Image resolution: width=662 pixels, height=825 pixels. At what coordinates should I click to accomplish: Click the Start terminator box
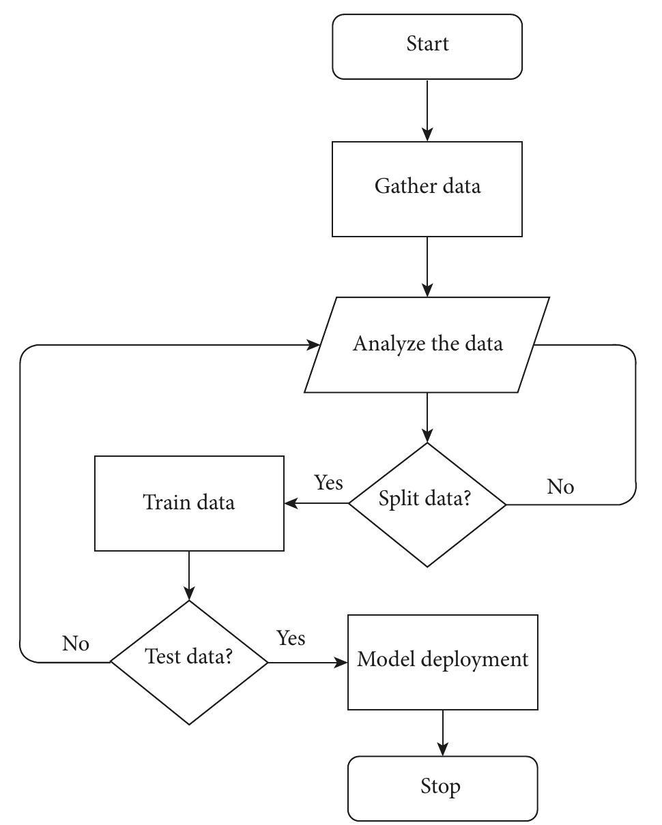[427, 46]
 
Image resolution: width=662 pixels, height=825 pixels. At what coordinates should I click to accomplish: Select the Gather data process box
[427, 189]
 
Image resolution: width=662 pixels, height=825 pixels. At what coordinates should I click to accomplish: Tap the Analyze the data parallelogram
[427, 344]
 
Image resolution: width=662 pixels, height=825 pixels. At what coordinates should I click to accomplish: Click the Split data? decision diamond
[427, 505]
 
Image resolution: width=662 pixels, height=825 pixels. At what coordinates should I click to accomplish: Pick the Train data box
[189, 503]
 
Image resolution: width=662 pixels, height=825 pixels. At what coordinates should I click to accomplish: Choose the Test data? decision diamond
[189, 662]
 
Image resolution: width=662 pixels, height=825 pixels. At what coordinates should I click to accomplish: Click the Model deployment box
[443, 662]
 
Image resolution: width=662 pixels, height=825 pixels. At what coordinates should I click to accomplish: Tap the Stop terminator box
[443, 788]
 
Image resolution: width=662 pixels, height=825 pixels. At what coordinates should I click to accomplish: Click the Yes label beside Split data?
[328, 483]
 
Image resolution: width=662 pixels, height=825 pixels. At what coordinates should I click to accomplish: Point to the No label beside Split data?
[560, 487]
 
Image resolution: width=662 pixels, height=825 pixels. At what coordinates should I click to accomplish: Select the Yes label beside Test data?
[291, 638]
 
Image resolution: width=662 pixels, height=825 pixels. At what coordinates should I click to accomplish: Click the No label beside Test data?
[76, 644]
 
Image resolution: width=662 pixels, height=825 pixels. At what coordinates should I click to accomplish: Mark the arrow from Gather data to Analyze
[427, 267]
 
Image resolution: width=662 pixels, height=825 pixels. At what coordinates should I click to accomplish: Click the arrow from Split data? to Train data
[317, 504]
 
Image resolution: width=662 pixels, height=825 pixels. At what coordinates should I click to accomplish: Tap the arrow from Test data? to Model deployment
[308, 662]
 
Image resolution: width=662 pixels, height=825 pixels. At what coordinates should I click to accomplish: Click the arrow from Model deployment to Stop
[443, 733]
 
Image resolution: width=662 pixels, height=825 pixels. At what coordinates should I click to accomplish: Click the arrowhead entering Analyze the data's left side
[313, 345]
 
